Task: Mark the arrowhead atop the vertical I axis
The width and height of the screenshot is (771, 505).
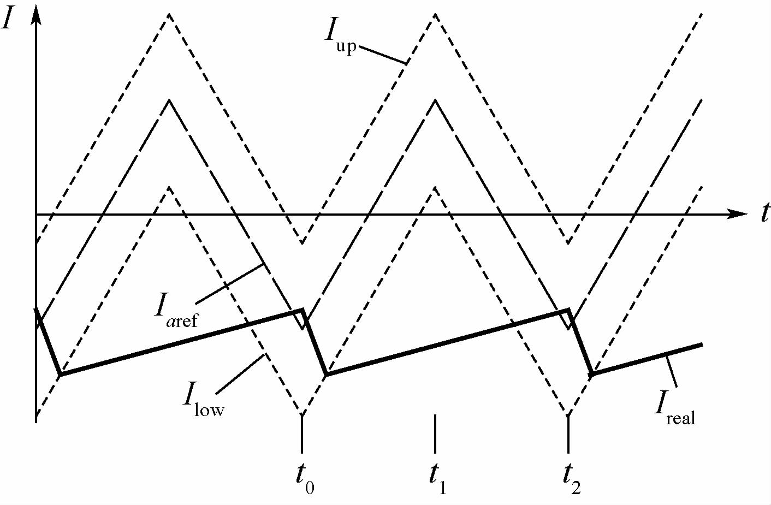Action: (36, 16)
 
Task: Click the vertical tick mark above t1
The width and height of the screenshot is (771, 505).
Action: (435, 433)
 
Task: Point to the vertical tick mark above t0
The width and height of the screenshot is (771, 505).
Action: (302, 433)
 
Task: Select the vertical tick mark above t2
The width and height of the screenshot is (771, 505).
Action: (568, 433)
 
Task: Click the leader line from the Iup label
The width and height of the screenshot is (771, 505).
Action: (383, 55)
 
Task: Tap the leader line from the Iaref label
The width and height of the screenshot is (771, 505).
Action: (229, 284)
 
